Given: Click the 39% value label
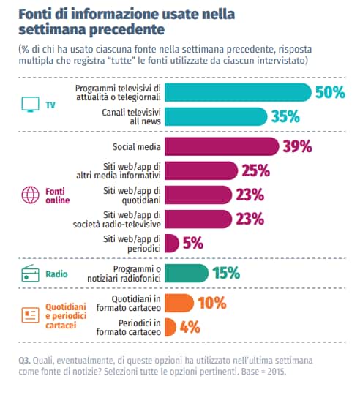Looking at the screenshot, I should [297, 146].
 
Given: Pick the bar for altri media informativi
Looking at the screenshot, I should [201, 170].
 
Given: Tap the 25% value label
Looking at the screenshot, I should [255, 171].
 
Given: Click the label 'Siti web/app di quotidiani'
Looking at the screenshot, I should [133, 195].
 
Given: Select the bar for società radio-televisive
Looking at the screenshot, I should [198, 219].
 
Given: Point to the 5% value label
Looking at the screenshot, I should [192, 243].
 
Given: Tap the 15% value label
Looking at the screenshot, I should [225, 274].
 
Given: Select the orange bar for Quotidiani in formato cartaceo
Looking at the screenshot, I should [179, 303].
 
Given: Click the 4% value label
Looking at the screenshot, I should [190, 327].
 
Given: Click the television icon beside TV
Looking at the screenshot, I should [29, 105].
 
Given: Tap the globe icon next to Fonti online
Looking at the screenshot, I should [29, 195].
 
